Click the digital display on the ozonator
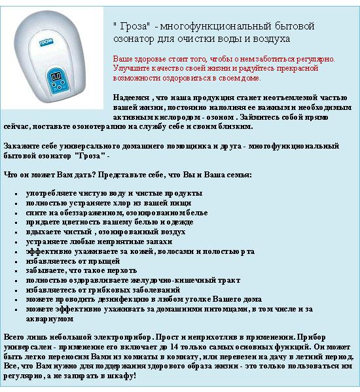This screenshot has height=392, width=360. pos(57,77)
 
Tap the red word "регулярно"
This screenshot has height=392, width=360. pos(315,58)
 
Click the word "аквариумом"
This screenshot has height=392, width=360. pos(49,318)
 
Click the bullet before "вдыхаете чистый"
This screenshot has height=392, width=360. pos(15,232)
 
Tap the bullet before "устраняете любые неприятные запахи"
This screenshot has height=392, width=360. pos(15,241)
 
